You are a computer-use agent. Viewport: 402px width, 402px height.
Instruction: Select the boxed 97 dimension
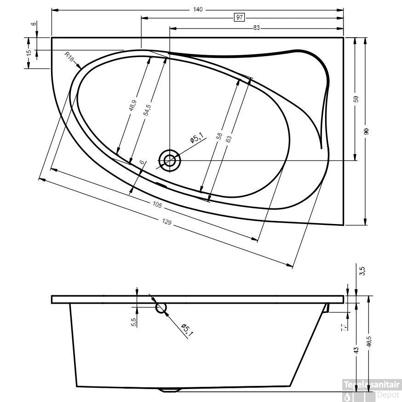[239, 17]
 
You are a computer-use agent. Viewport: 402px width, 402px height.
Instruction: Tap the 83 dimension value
[256, 28]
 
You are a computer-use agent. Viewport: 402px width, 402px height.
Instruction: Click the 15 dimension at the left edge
[29, 53]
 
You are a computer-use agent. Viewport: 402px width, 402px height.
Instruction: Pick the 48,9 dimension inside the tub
[132, 106]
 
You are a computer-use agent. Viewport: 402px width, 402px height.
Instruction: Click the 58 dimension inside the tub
[219, 136]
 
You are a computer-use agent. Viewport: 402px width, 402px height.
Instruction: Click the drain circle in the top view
[170, 161]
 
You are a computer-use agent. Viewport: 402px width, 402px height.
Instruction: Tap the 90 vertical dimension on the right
[366, 132]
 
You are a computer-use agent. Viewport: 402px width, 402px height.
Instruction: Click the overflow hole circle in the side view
[161, 307]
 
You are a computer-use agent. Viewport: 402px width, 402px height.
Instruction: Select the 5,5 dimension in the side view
[133, 322]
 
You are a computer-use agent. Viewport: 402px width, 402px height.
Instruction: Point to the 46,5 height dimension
[369, 342]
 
